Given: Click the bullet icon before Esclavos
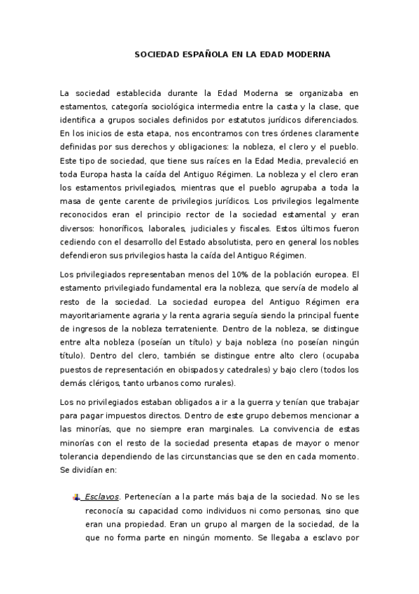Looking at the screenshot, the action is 76,498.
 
